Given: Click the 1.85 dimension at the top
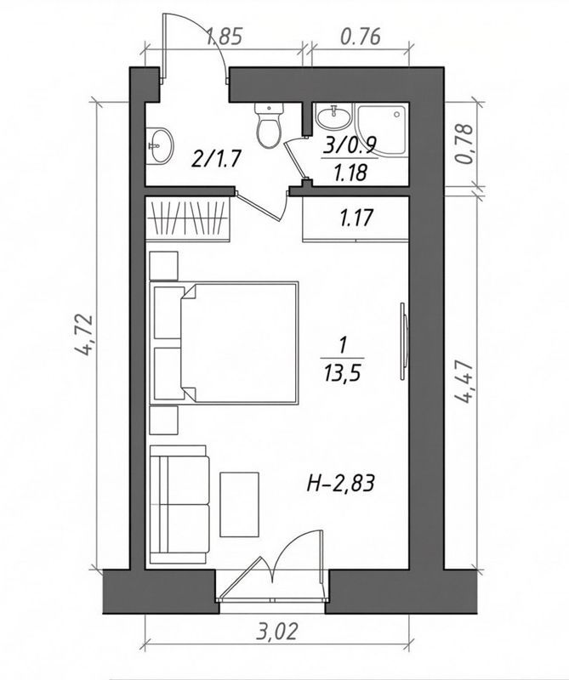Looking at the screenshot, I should pyautogui.click(x=225, y=37).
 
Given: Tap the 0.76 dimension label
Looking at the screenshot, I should pyautogui.click(x=359, y=37).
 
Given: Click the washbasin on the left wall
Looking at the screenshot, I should pyautogui.click(x=158, y=143).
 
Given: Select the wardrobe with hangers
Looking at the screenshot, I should pyautogui.click(x=189, y=219).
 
